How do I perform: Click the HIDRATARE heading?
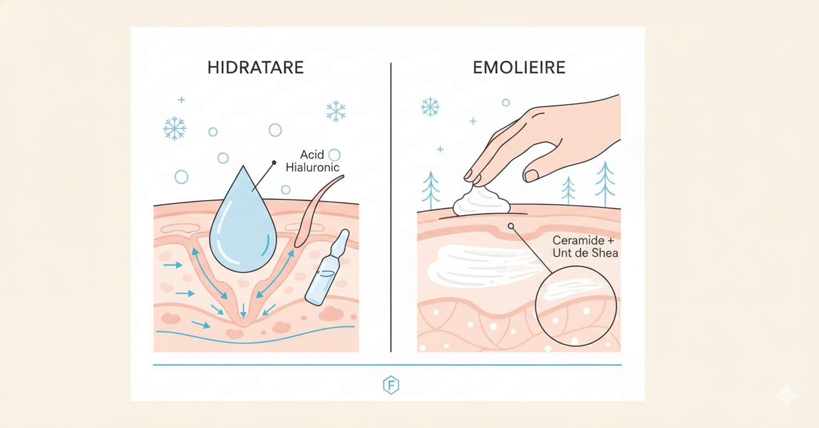(x=255, y=67)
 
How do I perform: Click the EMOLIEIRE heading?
(x=519, y=67)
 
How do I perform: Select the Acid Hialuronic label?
(x=312, y=161)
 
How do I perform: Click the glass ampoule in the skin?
(x=327, y=269)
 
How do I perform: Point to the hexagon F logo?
(x=391, y=385)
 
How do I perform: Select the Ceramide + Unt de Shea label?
(x=585, y=247)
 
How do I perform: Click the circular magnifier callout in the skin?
(x=576, y=306)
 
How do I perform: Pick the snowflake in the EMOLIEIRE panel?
(x=430, y=107)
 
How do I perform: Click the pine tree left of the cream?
(x=431, y=189)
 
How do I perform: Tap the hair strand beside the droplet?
(x=314, y=209)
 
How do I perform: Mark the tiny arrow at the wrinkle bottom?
(x=243, y=311)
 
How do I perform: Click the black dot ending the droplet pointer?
(x=274, y=163)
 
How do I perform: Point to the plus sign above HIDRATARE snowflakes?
(x=181, y=100)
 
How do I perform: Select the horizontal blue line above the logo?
(x=387, y=365)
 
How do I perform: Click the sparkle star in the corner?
(x=786, y=395)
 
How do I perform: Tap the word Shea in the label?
(x=605, y=253)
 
